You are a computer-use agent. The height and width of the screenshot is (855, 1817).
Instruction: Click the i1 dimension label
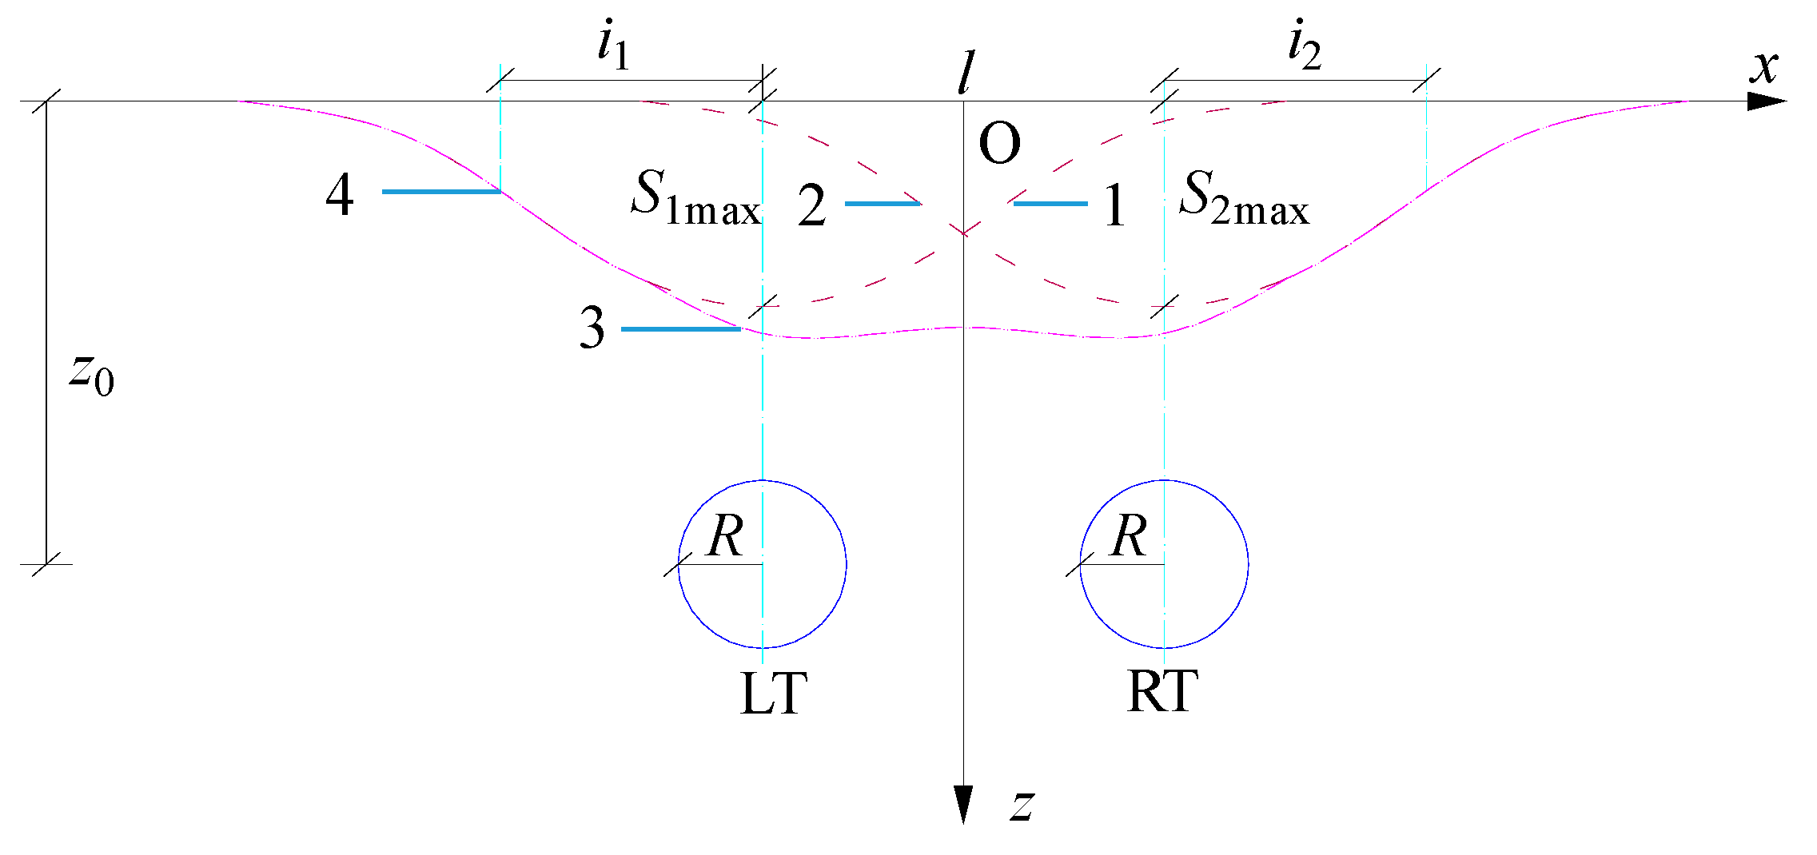614,46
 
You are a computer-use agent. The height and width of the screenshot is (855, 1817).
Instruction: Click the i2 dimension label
1304,46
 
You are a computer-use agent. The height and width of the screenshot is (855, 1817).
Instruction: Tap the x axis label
1764,67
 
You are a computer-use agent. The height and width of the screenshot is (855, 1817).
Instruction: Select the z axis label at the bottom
1022,805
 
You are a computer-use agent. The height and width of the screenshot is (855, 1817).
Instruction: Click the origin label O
999,145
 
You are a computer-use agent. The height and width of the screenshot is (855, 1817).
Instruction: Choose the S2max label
1244,197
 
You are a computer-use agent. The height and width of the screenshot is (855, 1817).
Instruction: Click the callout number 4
340,195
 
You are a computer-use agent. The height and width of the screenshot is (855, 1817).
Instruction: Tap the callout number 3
592,328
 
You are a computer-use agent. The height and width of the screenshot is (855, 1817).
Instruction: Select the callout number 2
811,206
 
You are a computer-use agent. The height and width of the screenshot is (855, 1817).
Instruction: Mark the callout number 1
1114,206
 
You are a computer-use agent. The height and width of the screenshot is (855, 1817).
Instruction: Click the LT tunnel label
774,694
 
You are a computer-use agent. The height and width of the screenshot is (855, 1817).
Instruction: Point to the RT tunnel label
1162,692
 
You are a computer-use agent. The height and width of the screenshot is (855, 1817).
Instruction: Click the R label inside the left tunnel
726,536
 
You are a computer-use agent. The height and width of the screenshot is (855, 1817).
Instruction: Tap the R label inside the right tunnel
1129,536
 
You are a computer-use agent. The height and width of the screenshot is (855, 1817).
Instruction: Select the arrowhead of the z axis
963,802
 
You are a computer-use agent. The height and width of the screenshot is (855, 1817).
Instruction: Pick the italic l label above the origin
966,74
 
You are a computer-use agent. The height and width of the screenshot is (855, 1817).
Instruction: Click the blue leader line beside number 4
441,192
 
